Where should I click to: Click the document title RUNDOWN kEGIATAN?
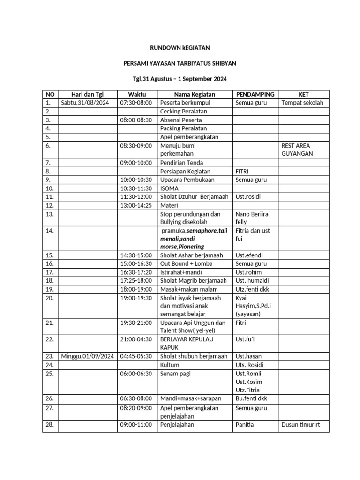tap(180, 47)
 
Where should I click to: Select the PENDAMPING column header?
tap(255, 94)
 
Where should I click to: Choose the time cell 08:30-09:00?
tap(136, 146)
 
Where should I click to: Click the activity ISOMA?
tap(169, 188)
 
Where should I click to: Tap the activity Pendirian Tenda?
tap(182, 163)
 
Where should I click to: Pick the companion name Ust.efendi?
tap(249, 255)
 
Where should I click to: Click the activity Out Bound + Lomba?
tap(186, 264)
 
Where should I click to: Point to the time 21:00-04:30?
tap(136, 339)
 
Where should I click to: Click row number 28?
tap(50, 425)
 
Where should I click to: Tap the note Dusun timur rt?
tap(300, 425)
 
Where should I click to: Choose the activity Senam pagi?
tap(175, 374)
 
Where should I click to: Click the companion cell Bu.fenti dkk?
tap(251, 398)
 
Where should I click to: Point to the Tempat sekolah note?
tap(302, 103)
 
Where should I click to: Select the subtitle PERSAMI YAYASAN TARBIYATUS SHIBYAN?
tap(180, 63)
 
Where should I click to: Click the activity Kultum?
tap(170, 365)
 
